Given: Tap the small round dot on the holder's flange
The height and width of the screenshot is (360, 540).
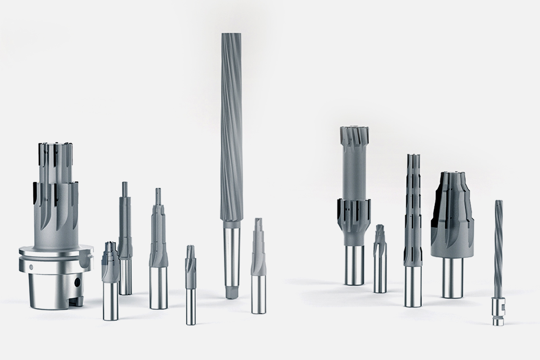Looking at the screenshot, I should point(30,267).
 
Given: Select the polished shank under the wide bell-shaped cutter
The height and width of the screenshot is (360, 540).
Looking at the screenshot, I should point(452,276).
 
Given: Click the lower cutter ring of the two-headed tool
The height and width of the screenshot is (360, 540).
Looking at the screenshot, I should point(354,211).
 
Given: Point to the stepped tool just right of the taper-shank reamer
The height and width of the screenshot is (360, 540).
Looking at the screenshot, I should point(258,266).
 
